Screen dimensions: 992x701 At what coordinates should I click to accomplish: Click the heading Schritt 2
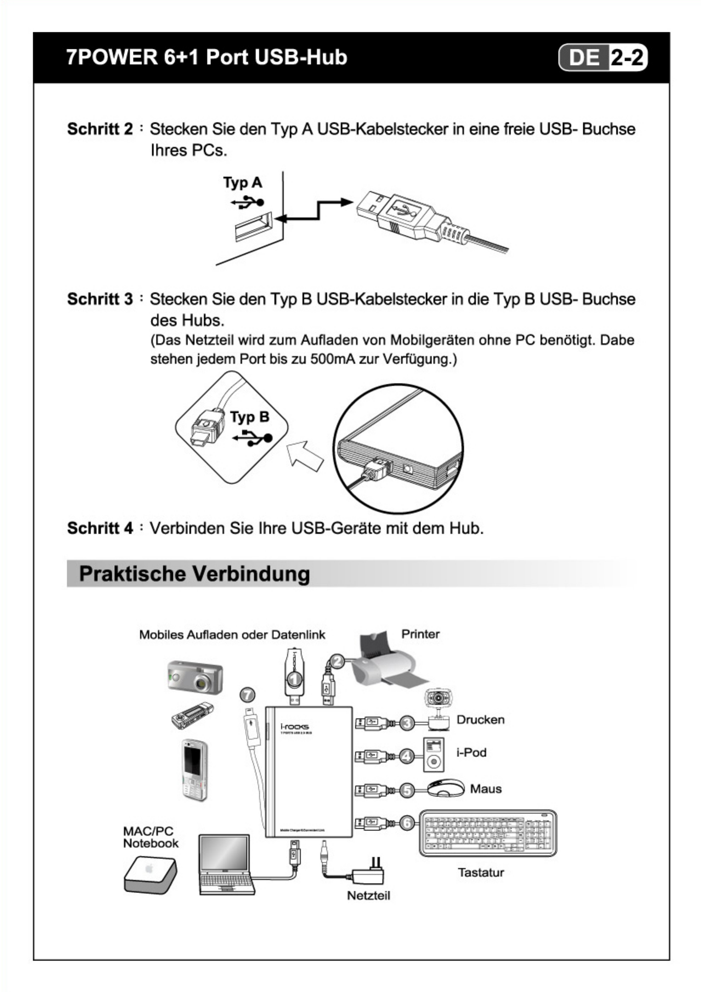[100, 129]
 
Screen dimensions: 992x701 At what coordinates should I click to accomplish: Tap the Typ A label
[242, 182]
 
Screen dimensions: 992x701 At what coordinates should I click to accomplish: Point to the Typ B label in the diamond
[249, 417]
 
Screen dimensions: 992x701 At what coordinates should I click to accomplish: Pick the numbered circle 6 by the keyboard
[407, 823]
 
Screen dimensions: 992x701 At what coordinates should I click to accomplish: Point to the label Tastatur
[481, 872]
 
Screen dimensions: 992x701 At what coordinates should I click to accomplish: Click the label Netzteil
[368, 896]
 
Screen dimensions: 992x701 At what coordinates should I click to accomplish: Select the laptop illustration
[226, 864]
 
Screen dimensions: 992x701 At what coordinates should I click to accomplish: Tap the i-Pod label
[471, 752]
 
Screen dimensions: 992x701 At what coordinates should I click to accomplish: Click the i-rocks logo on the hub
[294, 726]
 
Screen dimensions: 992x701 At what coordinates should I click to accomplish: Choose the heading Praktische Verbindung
[194, 574]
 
